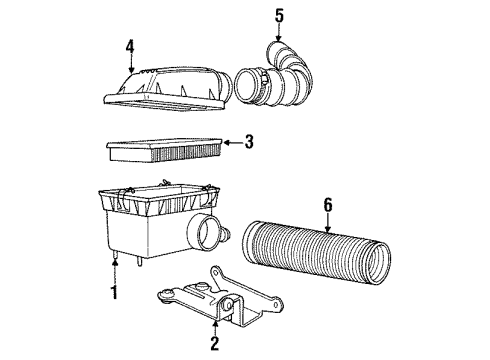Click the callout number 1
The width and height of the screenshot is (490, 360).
pos(115,293)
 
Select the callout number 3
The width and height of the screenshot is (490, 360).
pos(249,143)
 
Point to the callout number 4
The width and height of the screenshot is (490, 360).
pos(130,45)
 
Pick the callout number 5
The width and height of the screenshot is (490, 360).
pos(280,15)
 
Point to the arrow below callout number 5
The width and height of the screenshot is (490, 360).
pos(280,34)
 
